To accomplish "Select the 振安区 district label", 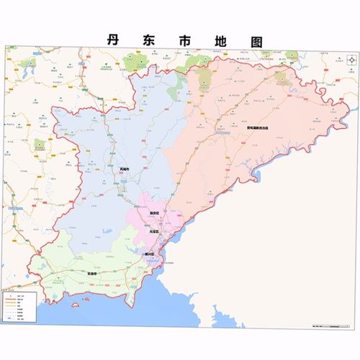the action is point(152,214).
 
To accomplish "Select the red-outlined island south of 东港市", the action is point(77,305).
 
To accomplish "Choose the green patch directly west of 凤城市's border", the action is point(40,144).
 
